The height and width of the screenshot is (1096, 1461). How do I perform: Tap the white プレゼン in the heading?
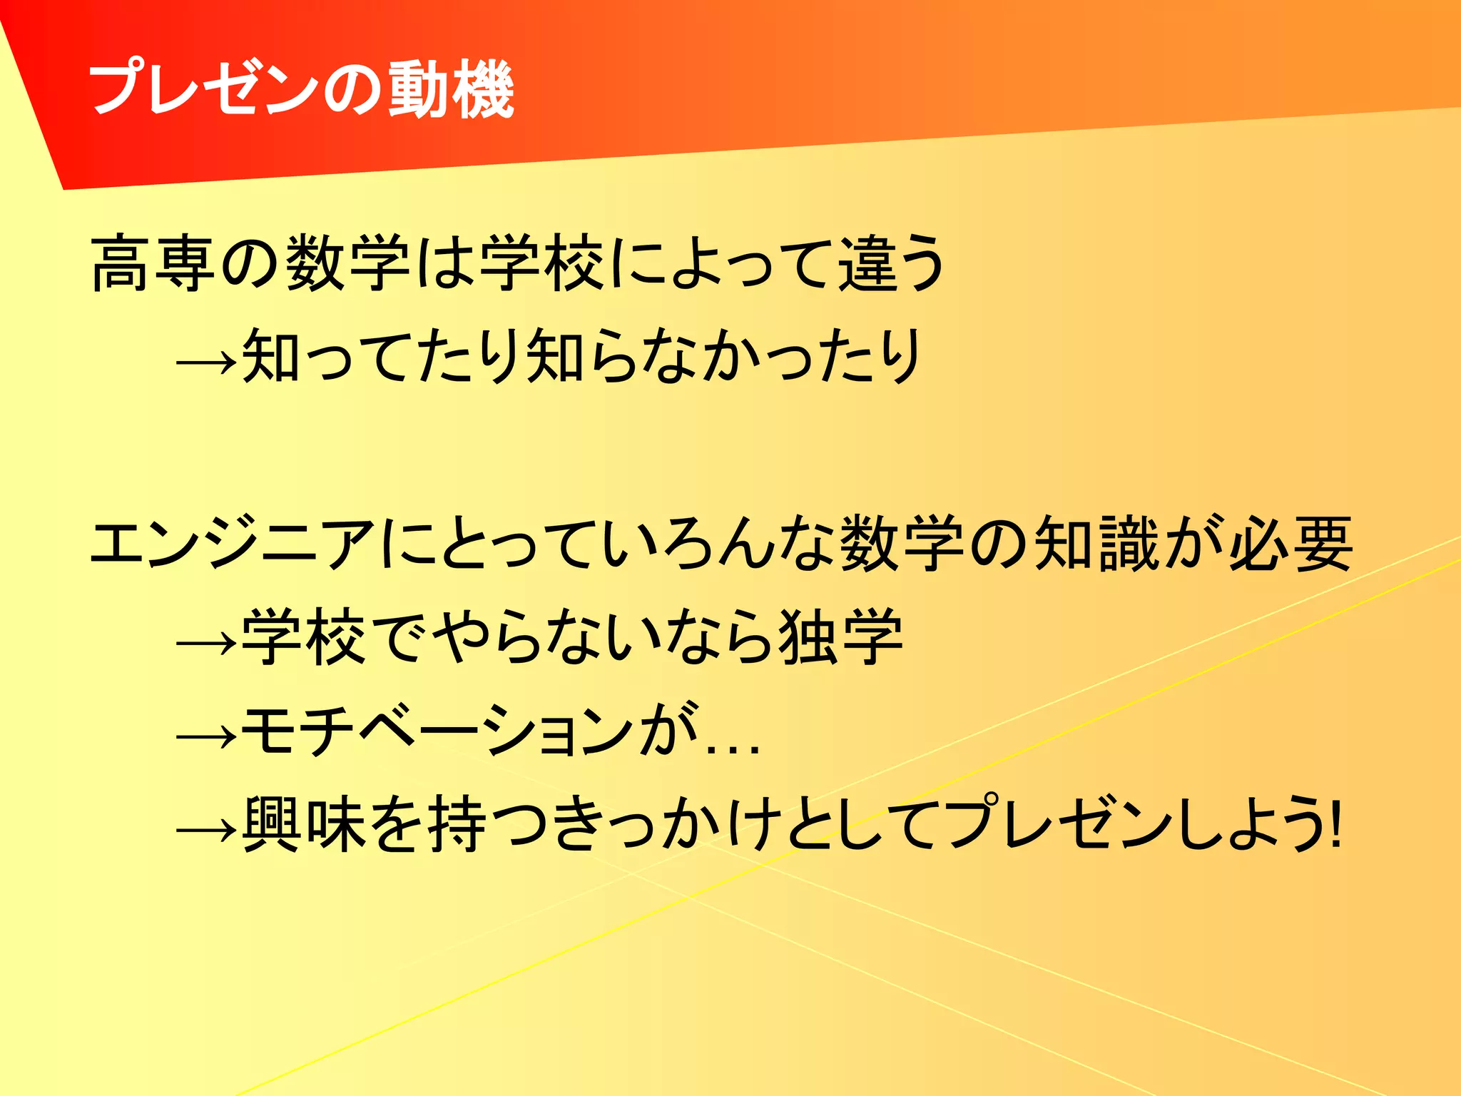coord(204,90)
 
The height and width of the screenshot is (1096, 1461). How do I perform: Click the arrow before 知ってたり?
coord(206,361)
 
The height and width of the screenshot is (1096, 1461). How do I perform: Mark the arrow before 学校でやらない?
coord(206,643)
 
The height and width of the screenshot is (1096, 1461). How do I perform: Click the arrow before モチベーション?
coord(206,736)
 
